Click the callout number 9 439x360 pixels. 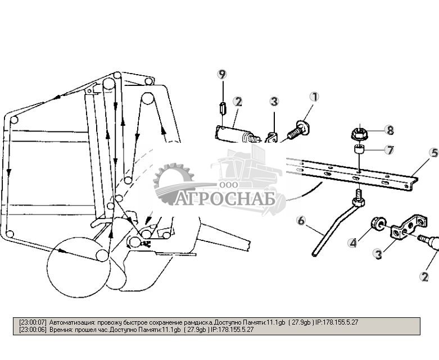pos(223,74)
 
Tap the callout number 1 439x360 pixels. pos(314,97)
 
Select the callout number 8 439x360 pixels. pos(389,129)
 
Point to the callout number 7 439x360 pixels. pos(389,150)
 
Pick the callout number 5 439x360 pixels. pos(433,152)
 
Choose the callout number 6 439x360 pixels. pos(301,221)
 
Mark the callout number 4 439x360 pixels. pos(352,243)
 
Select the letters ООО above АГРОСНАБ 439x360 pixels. pos(228,185)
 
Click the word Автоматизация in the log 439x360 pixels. pos(73,322)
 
